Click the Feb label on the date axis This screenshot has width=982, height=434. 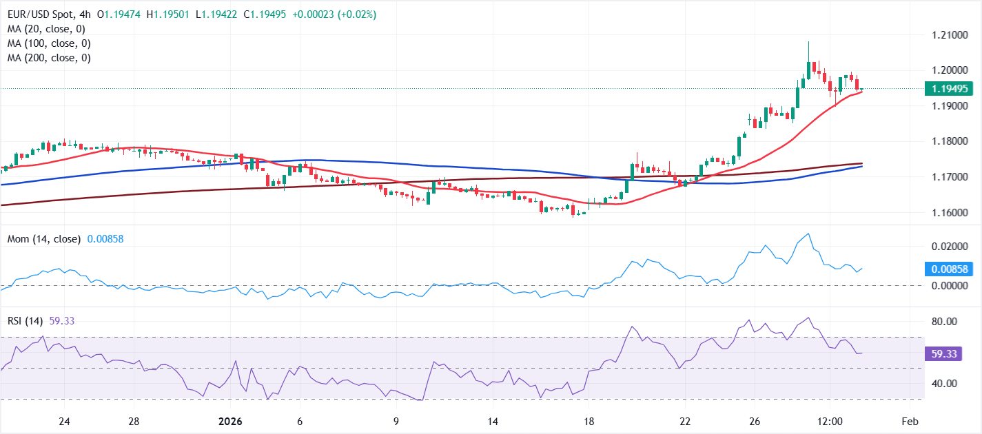(x=910, y=421)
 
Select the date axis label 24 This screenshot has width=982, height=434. (x=64, y=421)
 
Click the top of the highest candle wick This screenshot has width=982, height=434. (x=808, y=41)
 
